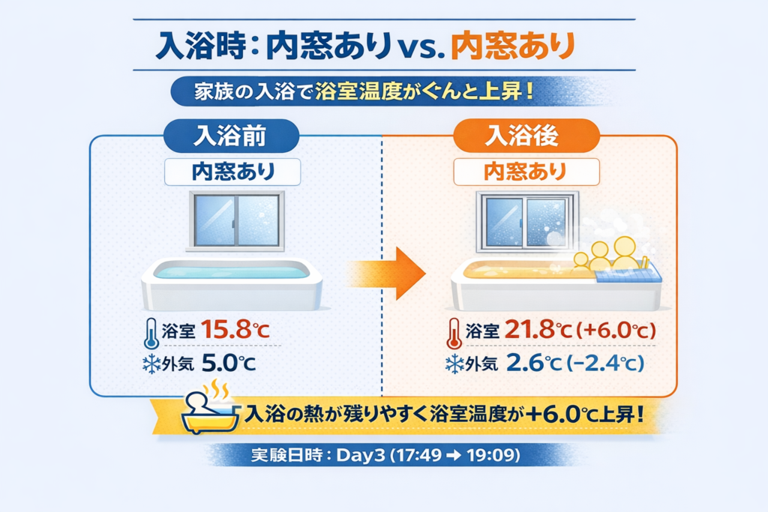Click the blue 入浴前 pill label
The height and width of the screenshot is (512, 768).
coord(231,136)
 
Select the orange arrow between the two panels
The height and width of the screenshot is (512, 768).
coord(387,273)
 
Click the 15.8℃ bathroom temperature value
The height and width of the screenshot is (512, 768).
coord(235,330)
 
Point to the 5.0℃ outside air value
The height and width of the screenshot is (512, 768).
coord(229,363)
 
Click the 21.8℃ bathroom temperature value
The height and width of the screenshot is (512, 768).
coord(538,330)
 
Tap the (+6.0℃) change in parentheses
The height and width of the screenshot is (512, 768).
coord(616,330)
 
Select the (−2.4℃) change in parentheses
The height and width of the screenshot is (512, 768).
coord(605,363)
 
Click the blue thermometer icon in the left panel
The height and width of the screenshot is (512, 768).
coord(151,334)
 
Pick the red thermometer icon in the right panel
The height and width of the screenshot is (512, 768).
coord(454,334)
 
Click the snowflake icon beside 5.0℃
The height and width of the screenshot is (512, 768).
coord(151,364)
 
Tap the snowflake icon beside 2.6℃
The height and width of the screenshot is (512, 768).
coord(454,364)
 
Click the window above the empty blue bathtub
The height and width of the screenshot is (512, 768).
coord(236,221)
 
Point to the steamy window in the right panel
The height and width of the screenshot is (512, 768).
coord(527,221)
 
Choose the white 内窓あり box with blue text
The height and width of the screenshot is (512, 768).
coord(232,172)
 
